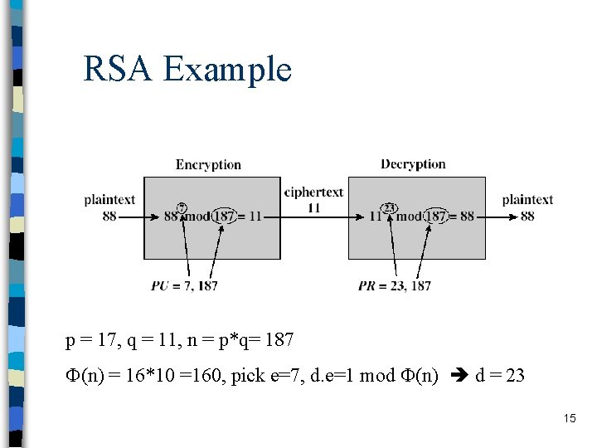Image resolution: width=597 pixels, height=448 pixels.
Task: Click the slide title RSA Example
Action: [x=187, y=69]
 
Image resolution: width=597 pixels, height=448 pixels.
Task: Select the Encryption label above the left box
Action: [x=208, y=165]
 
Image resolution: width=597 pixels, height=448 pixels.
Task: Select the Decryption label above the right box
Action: [x=413, y=164]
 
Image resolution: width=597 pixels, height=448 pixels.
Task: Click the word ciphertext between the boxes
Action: [x=313, y=192]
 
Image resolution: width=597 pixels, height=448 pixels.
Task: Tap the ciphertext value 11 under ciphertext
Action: [x=313, y=207]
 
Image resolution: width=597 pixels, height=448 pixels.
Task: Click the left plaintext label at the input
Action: [x=109, y=200]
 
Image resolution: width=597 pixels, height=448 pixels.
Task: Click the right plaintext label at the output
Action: [x=527, y=200]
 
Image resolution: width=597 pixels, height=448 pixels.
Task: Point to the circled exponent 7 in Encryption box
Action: [x=182, y=207]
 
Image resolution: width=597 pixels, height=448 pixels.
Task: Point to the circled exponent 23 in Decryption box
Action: [x=388, y=207]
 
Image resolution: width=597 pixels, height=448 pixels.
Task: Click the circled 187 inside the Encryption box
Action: [x=223, y=216]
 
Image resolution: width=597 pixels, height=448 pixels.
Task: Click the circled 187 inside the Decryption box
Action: [x=436, y=216]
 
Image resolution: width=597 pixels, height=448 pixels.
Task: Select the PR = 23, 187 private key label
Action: [x=395, y=286]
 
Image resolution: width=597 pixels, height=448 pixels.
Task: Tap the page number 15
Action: [x=569, y=419]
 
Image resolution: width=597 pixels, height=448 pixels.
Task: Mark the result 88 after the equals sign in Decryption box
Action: [x=467, y=217]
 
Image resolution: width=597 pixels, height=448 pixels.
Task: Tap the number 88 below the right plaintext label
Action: [x=527, y=217]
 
